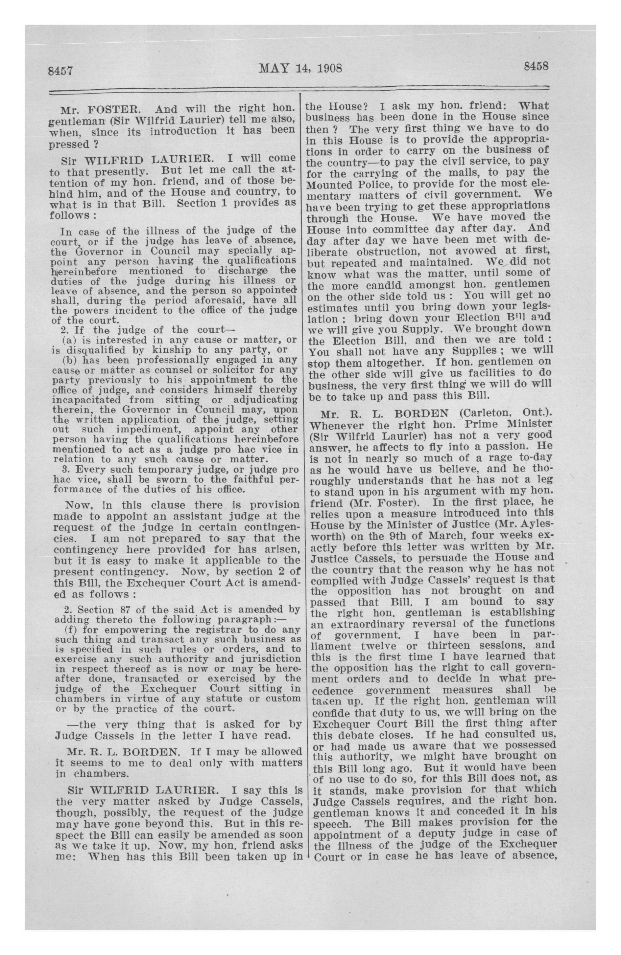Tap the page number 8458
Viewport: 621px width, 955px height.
pos(536,66)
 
